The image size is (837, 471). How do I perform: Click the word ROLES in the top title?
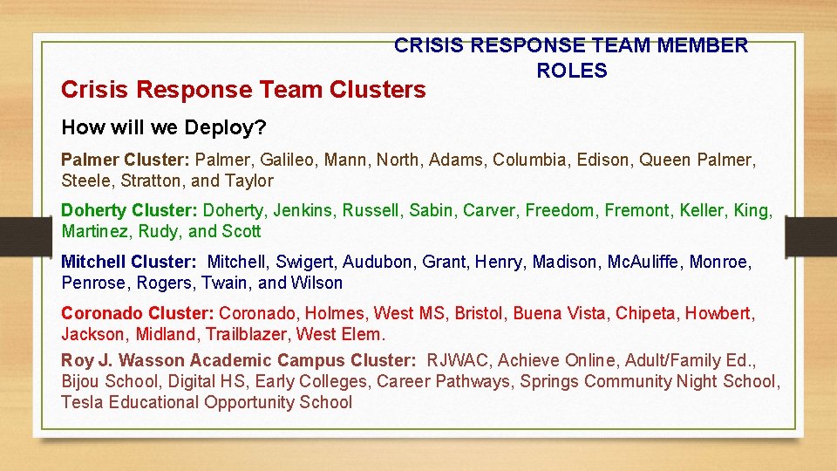(571, 72)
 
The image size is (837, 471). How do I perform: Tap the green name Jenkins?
(303, 210)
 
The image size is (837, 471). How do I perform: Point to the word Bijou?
(82, 381)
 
